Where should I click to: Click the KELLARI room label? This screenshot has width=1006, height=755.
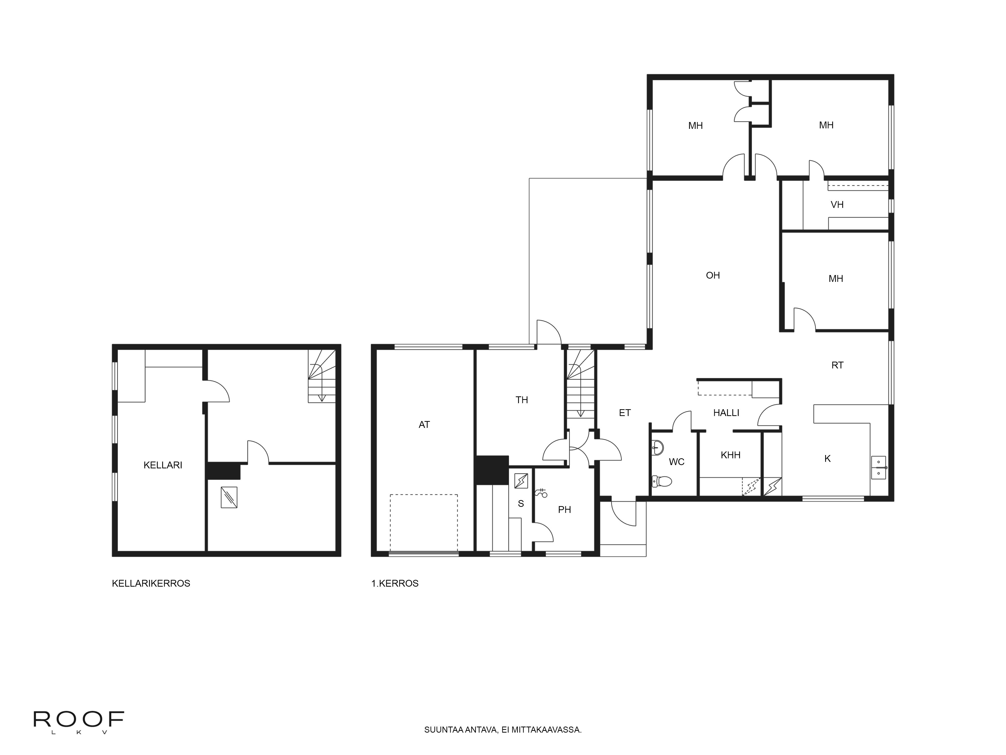pos(163,465)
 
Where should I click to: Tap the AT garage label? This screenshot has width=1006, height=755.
pos(424,425)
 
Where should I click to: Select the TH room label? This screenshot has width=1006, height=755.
pos(522,400)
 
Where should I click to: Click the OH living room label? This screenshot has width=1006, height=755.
pos(713,275)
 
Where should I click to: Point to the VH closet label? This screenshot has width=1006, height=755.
pos(837,205)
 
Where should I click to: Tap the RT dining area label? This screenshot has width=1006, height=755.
pos(837,365)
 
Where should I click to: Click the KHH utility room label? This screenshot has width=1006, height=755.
pos(730,455)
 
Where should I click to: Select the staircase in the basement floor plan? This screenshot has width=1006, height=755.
pos(322,376)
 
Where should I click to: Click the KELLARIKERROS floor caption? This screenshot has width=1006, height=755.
pos(151,583)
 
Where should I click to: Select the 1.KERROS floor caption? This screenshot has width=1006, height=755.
pos(395,583)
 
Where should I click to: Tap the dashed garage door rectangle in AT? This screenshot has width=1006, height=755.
pos(424,523)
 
